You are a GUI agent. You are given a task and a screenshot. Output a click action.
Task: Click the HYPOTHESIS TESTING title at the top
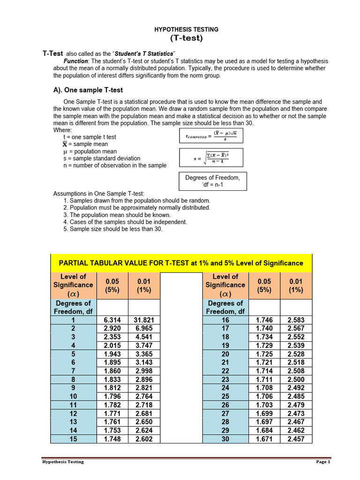(x=186, y=29)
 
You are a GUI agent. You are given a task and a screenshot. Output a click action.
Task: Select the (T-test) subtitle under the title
(x=186, y=38)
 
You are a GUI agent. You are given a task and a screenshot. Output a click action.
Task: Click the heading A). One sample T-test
(x=88, y=90)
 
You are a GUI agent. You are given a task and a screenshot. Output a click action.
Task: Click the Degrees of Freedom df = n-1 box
(x=212, y=181)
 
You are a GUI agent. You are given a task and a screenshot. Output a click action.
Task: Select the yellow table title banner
(x=181, y=263)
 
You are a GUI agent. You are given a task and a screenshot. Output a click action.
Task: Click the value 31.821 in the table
(x=144, y=320)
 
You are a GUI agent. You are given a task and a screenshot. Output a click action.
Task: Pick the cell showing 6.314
(x=112, y=320)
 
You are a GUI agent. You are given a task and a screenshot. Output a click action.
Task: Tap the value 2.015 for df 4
(x=112, y=345)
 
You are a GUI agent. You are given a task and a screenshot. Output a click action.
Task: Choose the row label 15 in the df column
(x=73, y=439)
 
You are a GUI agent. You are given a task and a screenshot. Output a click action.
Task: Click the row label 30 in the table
(x=225, y=439)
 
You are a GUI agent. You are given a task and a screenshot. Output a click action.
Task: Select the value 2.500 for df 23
(x=296, y=379)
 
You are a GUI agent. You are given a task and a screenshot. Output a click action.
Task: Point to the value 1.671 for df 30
(x=264, y=439)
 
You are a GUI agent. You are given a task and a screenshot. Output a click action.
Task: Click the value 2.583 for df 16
(x=296, y=320)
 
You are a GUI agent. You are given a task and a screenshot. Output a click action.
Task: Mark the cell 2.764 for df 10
(x=144, y=397)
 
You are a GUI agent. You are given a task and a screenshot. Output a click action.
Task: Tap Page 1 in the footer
(x=323, y=462)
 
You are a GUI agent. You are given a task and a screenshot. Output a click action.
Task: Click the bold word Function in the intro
(x=75, y=61)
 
